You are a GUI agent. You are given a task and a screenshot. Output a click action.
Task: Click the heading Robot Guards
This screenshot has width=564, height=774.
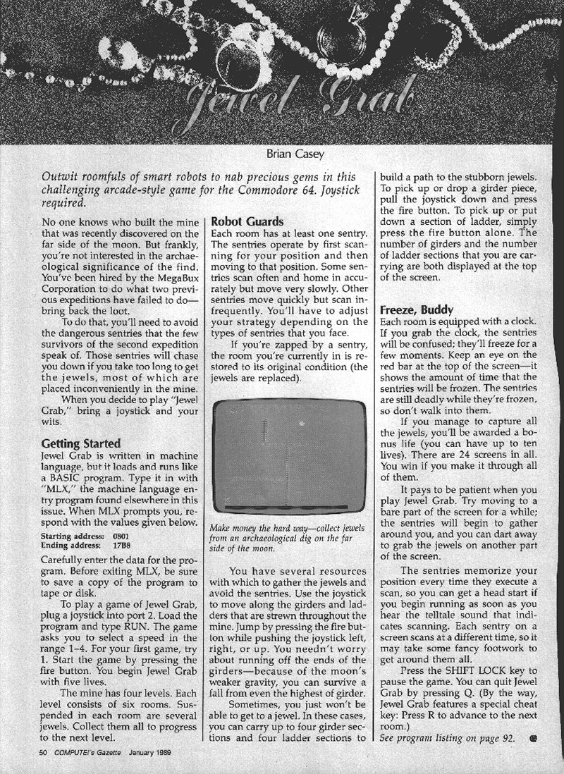tap(250, 221)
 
